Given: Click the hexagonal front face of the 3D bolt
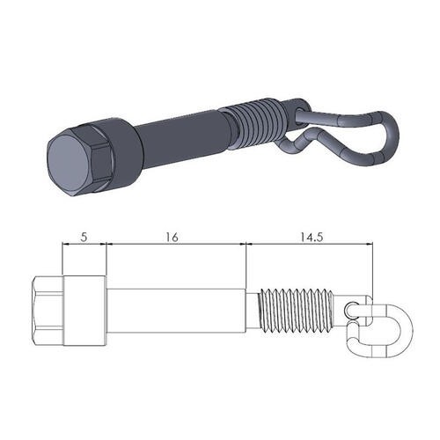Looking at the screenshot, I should tap(67, 164).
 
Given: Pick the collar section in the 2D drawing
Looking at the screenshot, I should tap(84, 312).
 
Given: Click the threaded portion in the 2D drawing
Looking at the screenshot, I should tap(295, 312).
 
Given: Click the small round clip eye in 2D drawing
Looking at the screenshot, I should tap(354, 310).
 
